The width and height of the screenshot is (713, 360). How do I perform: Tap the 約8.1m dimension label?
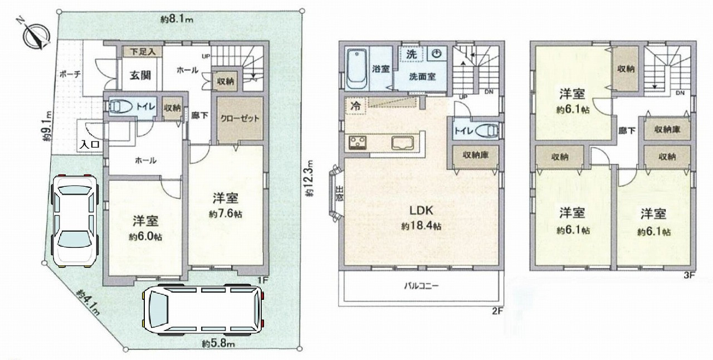tap(177, 20)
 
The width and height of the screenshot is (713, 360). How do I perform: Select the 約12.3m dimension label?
tap(310, 178)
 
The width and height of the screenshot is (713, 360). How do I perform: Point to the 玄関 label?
tap(140, 75)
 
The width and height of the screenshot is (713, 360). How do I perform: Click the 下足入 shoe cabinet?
tap(143, 52)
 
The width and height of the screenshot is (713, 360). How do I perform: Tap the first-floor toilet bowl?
tap(120, 106)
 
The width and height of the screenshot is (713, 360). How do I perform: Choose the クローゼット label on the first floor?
tap(240, 119)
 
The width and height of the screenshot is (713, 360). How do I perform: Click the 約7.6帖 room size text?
tap(226, 214)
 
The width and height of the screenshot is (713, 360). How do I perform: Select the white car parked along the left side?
tap(75, 221)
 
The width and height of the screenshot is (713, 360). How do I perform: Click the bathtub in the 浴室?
tap(357, 69)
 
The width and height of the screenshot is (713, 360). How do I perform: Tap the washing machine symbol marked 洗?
tap(412, 54)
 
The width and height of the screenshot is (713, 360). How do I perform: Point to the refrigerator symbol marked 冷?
tap(355, 106)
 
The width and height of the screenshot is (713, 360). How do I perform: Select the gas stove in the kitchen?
tap(358, 143)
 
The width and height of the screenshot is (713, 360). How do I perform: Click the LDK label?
tap(421, 211)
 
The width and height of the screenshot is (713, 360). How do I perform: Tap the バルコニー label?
tap(421, 286)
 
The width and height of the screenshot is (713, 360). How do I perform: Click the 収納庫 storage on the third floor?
tap(667, 130)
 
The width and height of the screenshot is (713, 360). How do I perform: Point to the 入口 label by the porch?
tap(90, 145)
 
